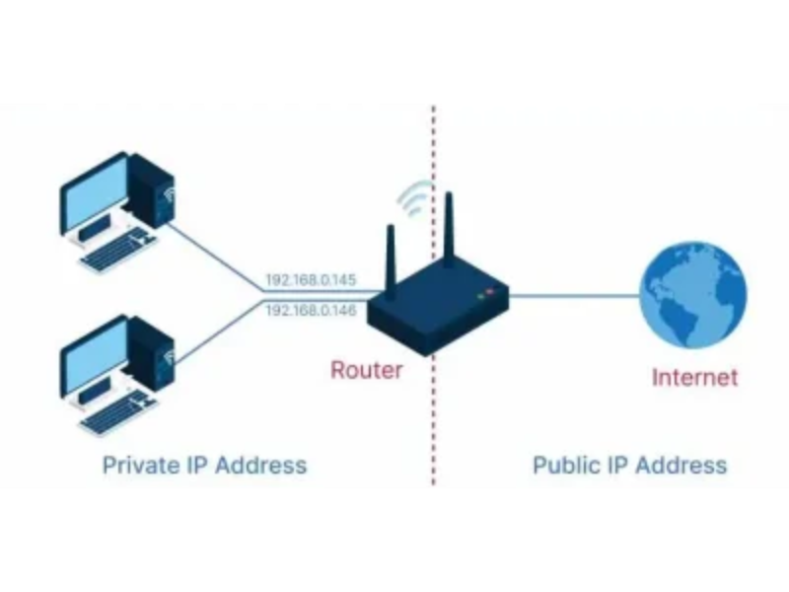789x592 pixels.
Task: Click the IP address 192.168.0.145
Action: point(311,280)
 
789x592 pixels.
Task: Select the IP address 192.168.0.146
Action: point(311,310)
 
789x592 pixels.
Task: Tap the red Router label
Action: point(366,371)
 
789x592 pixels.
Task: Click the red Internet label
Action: point(694,376)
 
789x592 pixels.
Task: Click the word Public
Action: point(565,465)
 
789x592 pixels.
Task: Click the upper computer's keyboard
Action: point(117,251)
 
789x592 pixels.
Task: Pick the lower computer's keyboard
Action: point(117,412)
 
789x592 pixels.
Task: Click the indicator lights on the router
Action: point(484,293)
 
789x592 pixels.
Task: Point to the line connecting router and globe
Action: point(572,295)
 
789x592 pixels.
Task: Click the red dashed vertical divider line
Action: point(433,414)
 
